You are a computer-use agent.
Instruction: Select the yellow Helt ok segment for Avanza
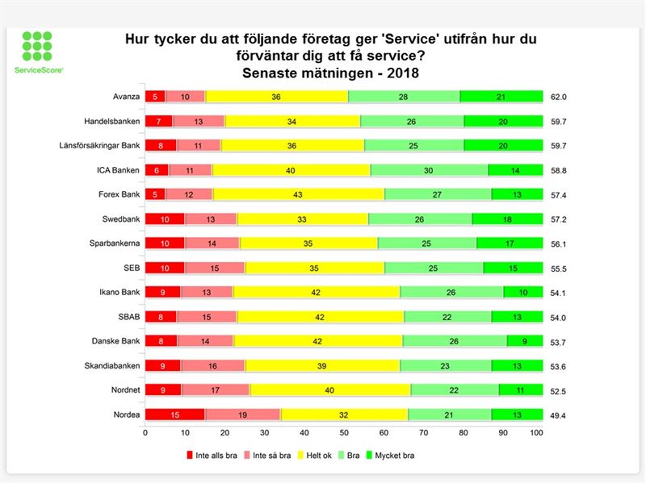point(277,97)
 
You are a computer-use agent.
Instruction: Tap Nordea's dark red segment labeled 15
point(174,414)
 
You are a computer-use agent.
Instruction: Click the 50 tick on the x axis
point(343,433)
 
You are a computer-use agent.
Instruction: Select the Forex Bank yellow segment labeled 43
point(299,194)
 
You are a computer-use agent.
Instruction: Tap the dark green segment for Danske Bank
point(525,341)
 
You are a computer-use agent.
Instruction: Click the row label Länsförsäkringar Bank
point(97,146)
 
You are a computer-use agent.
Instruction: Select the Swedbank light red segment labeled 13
point(211,219)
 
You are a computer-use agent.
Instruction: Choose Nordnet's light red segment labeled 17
point(216,389)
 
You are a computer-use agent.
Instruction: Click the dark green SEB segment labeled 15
point(513,268)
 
